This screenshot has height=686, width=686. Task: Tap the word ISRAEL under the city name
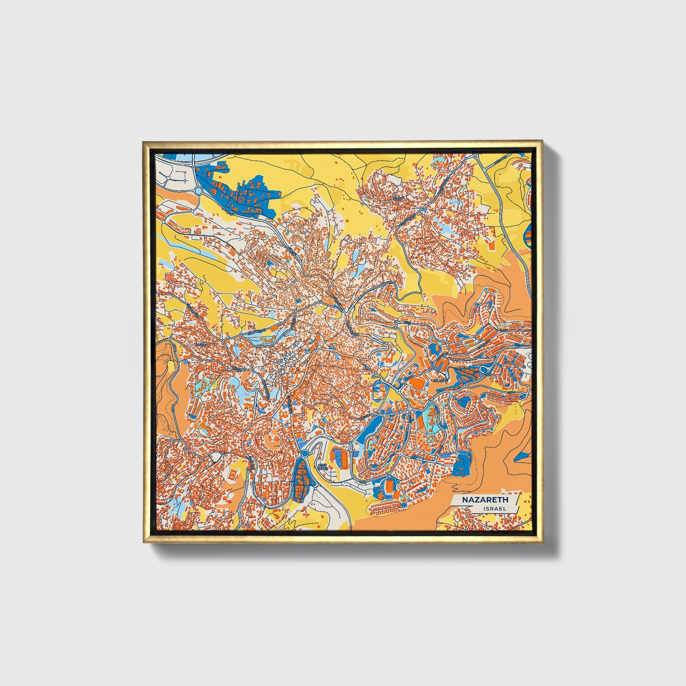pyautogui.click(x=494, y=508)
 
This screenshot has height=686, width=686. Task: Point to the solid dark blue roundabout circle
pyautogui.click(x=304, y=454)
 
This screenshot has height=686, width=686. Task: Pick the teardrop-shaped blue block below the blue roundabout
pyautogui.click(x=301, y=477)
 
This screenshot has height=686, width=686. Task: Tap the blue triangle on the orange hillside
pyautogui.click(x=522, y=457)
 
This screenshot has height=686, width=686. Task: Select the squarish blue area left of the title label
pyautogui.click(x=460, y=464)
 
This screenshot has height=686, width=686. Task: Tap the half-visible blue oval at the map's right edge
pyautogui.click(x=529, y=237)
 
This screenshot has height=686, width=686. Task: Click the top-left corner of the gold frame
pyautogui.click(x=143, y=142)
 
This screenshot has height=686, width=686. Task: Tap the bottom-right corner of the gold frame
pyautogui.click(x=542, y=542)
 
